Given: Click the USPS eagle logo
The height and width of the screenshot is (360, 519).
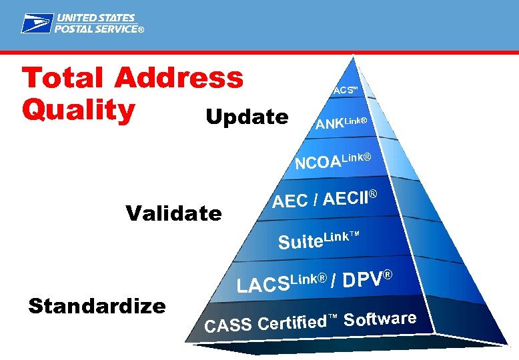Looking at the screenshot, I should pos(36,24).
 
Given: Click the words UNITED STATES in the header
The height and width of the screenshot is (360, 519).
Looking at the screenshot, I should pos(95,18).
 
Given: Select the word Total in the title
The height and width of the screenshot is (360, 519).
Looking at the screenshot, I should pos(64,78).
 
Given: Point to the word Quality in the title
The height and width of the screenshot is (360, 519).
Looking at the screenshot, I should pos(78,110).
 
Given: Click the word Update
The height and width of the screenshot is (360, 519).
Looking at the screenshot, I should pos(247,117).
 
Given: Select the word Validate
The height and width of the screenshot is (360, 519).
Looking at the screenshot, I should pos(173,213).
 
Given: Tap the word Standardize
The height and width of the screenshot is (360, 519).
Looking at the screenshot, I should pos(97,306).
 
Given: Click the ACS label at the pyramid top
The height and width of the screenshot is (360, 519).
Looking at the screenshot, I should pos(345,90).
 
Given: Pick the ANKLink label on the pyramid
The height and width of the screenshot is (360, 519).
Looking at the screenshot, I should pos(342,123).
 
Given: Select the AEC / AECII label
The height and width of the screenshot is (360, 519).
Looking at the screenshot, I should pos(325,199).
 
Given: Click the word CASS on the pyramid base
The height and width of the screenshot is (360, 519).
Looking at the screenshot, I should pos(229,325).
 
